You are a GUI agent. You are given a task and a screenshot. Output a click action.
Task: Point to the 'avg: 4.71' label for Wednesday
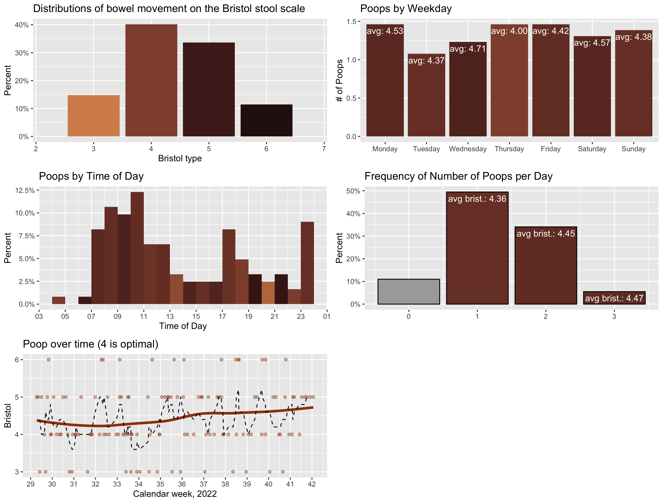(x=467, y=49)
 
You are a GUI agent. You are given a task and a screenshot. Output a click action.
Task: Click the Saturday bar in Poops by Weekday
(x=592, y=90)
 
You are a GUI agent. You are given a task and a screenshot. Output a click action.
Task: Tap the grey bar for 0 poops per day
(x=408, y=291)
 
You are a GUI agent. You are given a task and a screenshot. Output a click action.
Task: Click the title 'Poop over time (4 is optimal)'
(x=91, y=344)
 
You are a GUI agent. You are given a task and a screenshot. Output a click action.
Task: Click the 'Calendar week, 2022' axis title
(x=175, y=494)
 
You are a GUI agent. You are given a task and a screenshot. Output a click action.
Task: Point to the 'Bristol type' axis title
(x=180, y=158)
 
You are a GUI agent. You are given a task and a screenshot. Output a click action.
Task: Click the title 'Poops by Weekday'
(x=406, y=9)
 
